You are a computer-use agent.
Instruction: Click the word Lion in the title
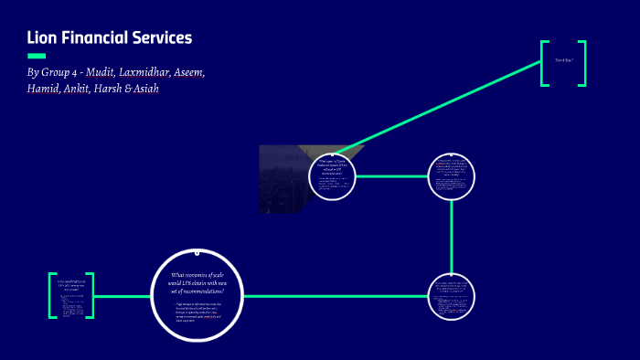point(43,37)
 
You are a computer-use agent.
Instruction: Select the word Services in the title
point(162,37)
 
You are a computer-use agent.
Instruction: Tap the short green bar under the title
point(37,56)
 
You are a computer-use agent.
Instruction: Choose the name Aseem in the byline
point(216,72)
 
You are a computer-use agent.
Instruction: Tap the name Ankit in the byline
point(82,89)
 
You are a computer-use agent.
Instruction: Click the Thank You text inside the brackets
point(562,61)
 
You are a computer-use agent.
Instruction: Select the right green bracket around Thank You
point(582,63)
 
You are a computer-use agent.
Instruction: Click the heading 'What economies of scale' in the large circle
point(197,284)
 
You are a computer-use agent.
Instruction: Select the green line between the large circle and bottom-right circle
point(338,296)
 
